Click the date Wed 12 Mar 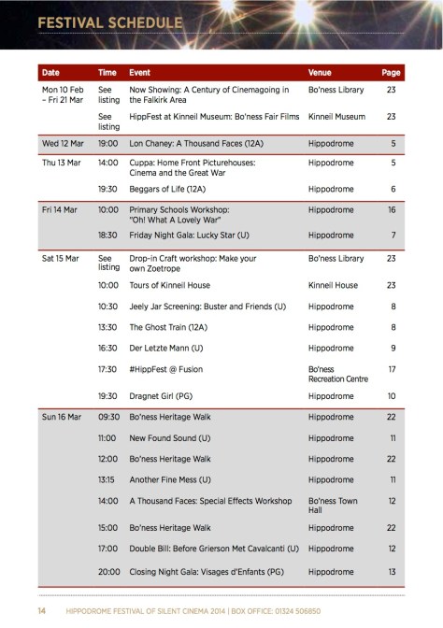[63, 145]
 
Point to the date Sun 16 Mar [63, 420]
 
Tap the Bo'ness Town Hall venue [334, 505]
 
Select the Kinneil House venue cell [333, 285]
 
